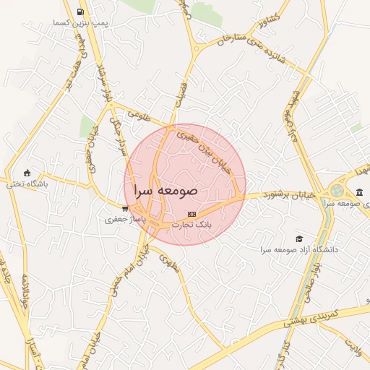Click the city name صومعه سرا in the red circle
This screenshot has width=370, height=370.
[x=165, y=191]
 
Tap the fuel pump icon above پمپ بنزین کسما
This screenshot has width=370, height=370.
[x=79, y=12]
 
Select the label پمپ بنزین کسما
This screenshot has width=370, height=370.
[x=80, y=24]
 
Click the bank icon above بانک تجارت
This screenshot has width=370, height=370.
[x=192, y=214]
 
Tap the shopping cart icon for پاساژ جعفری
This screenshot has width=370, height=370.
[x=125, y=209]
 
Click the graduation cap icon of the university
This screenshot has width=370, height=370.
[x=300, y=238]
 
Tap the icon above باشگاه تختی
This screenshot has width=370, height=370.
[x=27, y=173]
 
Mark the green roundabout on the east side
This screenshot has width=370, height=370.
[x=336, y=191]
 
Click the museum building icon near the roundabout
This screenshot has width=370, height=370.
[x=360, y=192]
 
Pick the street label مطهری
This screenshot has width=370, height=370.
[x=166, y=256]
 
